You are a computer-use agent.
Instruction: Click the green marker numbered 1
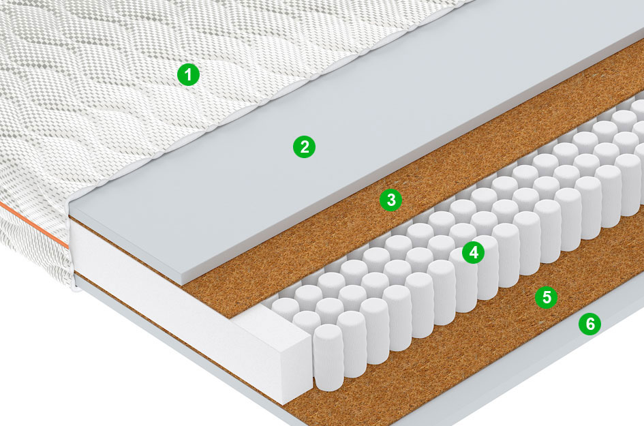click(188, 75)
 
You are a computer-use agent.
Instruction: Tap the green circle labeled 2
click(305, 147)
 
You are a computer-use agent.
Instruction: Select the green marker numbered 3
click(391, 200)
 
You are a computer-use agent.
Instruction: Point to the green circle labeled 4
click(473, 252)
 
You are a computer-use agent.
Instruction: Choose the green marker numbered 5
click(547, 296)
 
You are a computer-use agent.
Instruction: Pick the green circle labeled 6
click(589, 324)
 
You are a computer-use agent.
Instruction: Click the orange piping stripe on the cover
click(33, 224)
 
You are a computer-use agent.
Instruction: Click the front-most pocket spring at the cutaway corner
click(328, 356)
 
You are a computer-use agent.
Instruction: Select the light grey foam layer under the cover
click(353, 136)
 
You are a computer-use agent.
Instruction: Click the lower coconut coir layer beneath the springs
click(493, 329)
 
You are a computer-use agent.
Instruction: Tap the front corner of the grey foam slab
click(183, 284)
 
